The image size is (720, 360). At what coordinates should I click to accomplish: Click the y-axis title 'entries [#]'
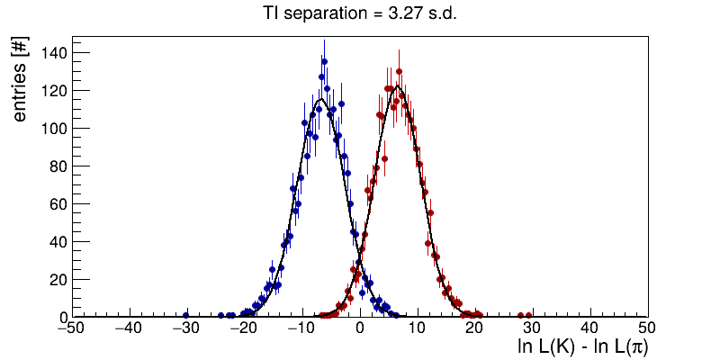tap(19, 82)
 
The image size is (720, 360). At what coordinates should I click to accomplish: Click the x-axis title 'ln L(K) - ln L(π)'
tap(582, 346)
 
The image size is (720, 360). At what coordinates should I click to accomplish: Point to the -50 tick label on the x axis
tap(72, 328)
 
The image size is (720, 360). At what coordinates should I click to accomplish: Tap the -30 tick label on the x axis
tap(186, 328)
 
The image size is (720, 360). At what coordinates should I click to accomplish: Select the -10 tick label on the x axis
tap(301, 328)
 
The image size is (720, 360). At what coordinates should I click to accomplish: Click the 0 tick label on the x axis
tap(360, 328)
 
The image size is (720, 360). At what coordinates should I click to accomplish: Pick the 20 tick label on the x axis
tap(474, 328)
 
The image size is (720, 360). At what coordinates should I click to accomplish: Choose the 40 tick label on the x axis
tap(589, 328)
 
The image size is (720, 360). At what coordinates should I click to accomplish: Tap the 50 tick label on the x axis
tap(646, 328)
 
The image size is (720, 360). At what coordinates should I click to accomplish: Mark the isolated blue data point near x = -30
tap(186, 315)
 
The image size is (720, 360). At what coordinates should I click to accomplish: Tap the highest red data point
tap(399, 70)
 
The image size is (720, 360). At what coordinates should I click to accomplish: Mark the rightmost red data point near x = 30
tap(529, 315)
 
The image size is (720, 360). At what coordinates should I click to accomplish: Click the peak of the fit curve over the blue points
tap(320, 99)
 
